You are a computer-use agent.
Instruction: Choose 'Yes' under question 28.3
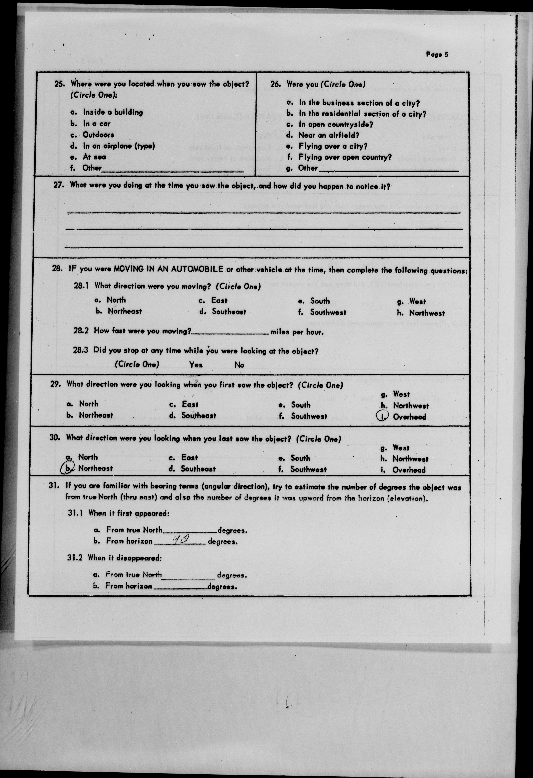click(196, 365)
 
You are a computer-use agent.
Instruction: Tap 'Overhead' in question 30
click(409, 470)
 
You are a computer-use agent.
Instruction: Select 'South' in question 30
click(300, 458)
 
